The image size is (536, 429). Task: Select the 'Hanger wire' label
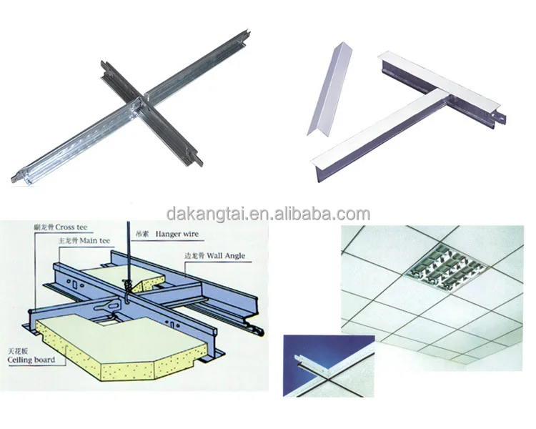pyautogui.click(x=176, y=234)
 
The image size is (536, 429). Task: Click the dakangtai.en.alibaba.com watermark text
pyautogui.click(x=267, y=213)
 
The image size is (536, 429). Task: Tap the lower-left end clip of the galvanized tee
pyautogui.click(x=21, y=174)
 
